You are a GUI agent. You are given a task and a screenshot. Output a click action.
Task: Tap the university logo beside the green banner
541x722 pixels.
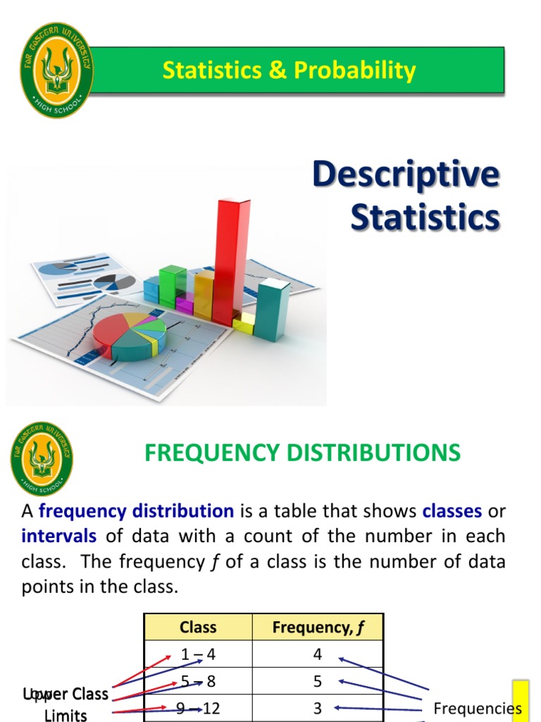pos(56,70)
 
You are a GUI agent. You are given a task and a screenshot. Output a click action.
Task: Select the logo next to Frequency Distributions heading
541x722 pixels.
pos(42,459)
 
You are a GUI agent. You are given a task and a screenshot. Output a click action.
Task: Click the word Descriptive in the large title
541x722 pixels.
pos(406,175)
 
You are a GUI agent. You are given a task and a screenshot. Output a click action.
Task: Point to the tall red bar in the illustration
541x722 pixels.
pos(232,261)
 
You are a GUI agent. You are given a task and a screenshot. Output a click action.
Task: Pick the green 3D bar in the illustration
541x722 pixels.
pos(171,286)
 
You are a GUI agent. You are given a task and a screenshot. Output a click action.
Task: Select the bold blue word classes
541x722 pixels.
pos(452,510)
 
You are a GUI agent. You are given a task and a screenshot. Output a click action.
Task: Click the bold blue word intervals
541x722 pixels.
pos(58,536)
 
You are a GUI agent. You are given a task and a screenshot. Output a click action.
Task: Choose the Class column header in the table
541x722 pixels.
pos(198,627)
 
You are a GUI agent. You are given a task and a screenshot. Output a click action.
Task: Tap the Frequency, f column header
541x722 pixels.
pos(318,627)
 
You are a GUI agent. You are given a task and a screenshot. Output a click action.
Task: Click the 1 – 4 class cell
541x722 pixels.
pos(198,654)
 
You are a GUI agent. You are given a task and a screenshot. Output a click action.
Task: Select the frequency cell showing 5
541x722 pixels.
pos(318,681)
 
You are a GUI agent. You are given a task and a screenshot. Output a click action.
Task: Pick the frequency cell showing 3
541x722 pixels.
pos(318,708)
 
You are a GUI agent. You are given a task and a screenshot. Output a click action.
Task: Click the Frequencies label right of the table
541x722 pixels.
pos(477,709)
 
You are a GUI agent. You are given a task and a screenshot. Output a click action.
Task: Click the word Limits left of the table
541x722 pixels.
pos(66,715)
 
